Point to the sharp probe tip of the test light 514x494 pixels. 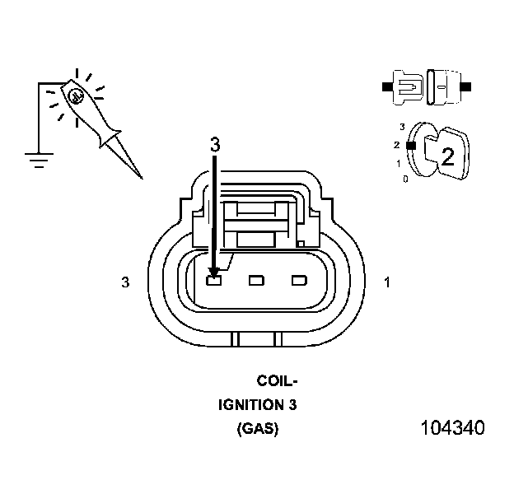138,175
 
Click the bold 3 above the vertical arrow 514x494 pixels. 215,144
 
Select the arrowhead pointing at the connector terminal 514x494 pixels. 214,269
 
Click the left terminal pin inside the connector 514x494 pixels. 214,281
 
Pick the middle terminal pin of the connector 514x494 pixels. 256,281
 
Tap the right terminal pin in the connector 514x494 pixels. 298,281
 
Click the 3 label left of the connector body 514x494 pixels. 126,282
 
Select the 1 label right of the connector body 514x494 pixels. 387,282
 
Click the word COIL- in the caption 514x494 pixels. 278,381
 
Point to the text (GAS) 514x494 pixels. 258,429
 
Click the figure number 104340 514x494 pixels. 452,428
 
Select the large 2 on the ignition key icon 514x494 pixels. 447,156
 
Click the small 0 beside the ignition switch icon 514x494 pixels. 404,178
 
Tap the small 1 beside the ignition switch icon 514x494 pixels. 399,163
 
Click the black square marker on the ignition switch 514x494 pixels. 409,145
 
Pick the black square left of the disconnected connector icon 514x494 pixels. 386,85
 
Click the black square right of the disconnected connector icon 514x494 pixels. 466,85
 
